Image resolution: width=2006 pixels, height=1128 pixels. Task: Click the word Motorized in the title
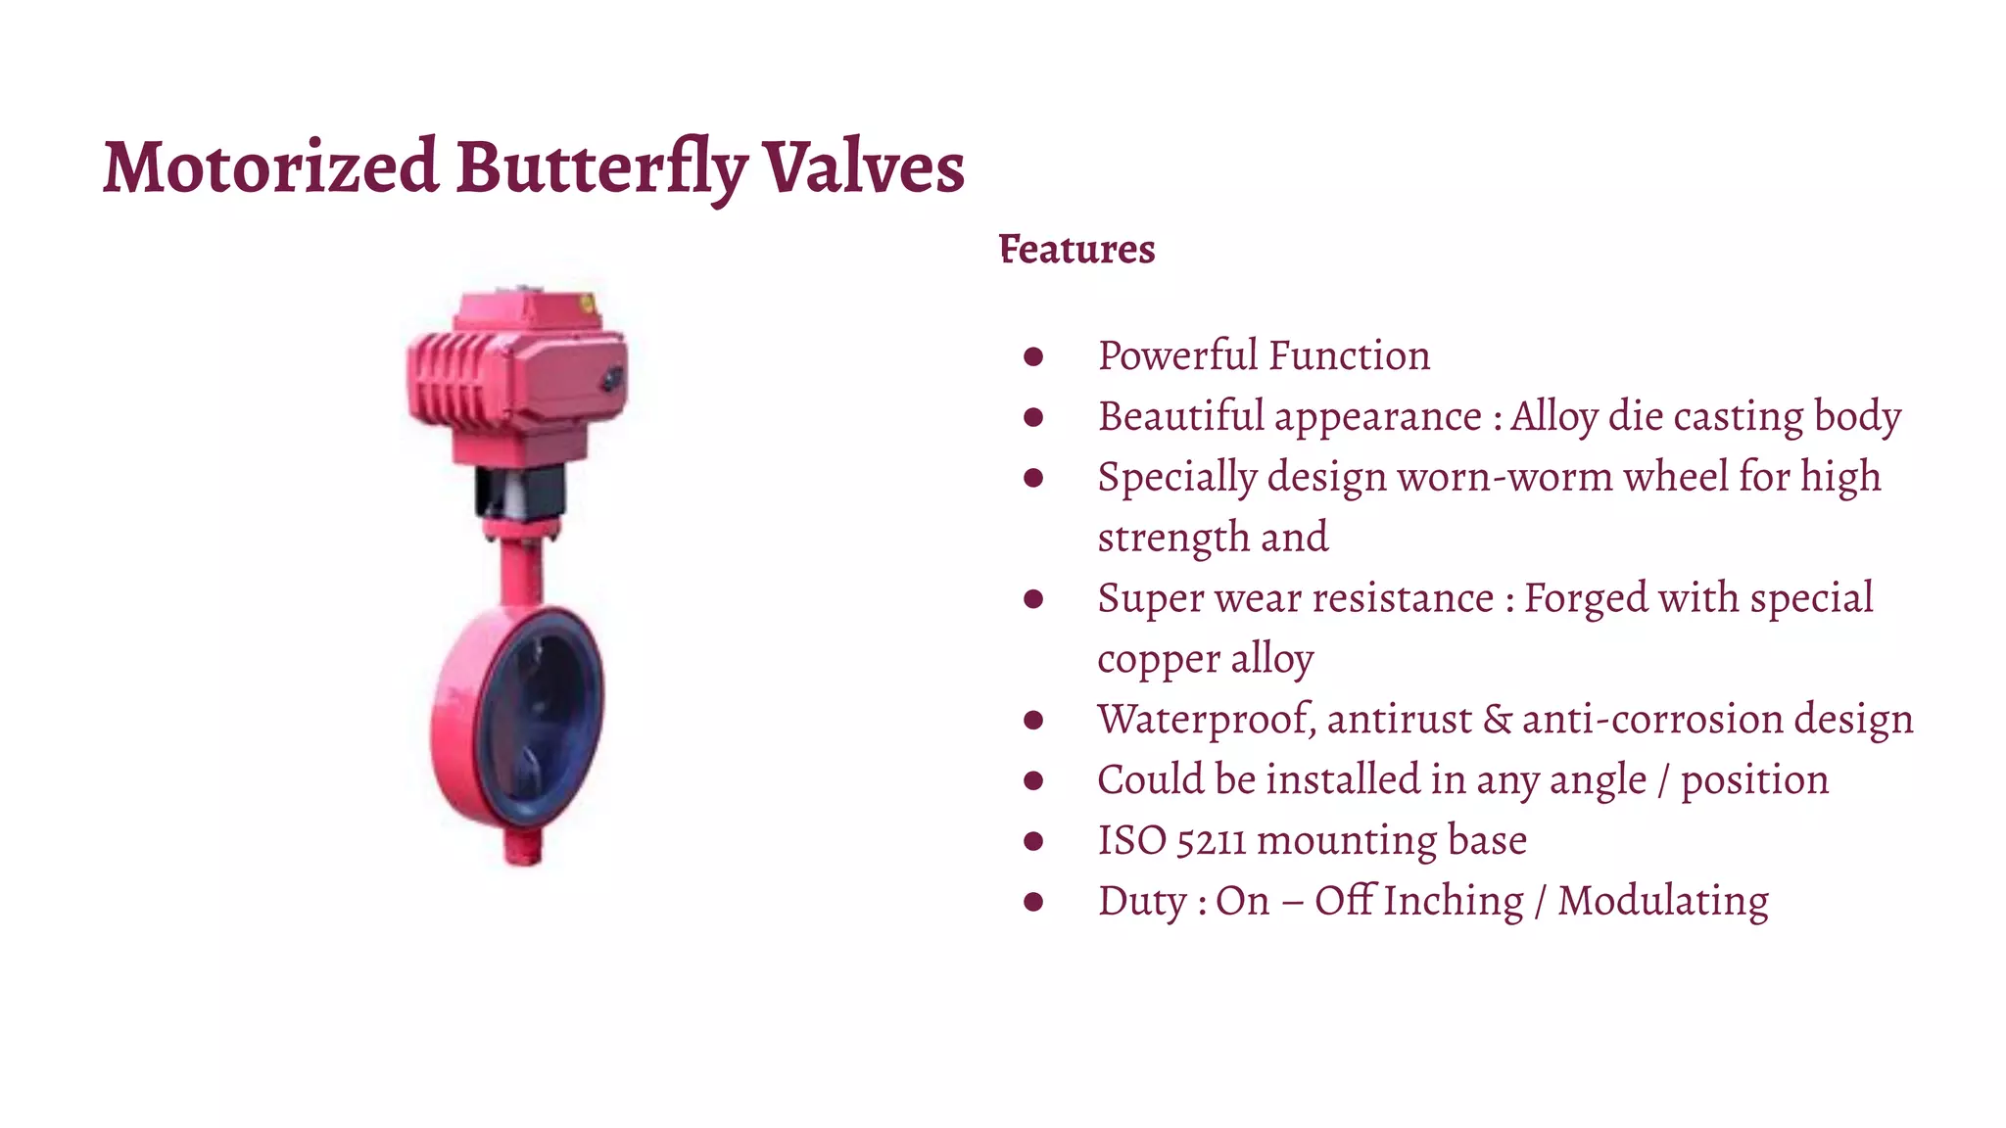click(270, 166)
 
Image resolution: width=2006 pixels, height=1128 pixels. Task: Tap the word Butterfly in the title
click(600, 168)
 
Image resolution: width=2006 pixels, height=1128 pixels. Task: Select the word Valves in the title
click(864, 166)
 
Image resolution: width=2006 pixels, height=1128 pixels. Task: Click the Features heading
click(1076, 250)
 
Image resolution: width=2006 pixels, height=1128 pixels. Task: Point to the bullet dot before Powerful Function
click(1032, 356)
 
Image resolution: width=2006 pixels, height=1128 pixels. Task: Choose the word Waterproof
click(1206, 720)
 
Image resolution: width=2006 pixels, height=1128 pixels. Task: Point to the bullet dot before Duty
click(1032, 902)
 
